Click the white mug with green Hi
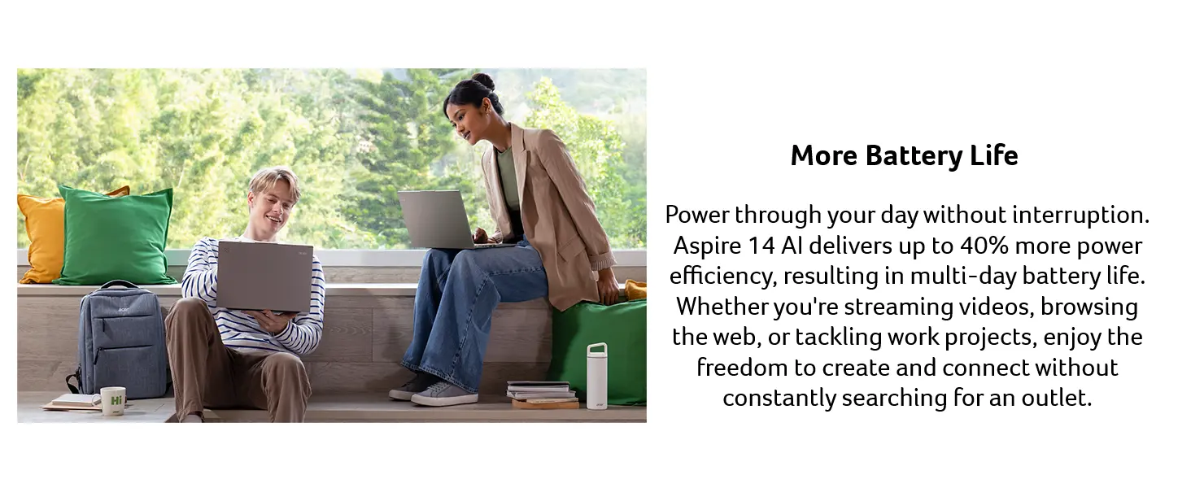point(113,401)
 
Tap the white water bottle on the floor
point(596,376)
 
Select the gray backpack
point(120,340)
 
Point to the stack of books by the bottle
point(543,394)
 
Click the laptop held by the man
point(264,277)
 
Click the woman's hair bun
point(484,82)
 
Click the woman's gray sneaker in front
point(444,394)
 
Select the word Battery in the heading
point(914,156)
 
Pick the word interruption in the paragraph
point(1080,216)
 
